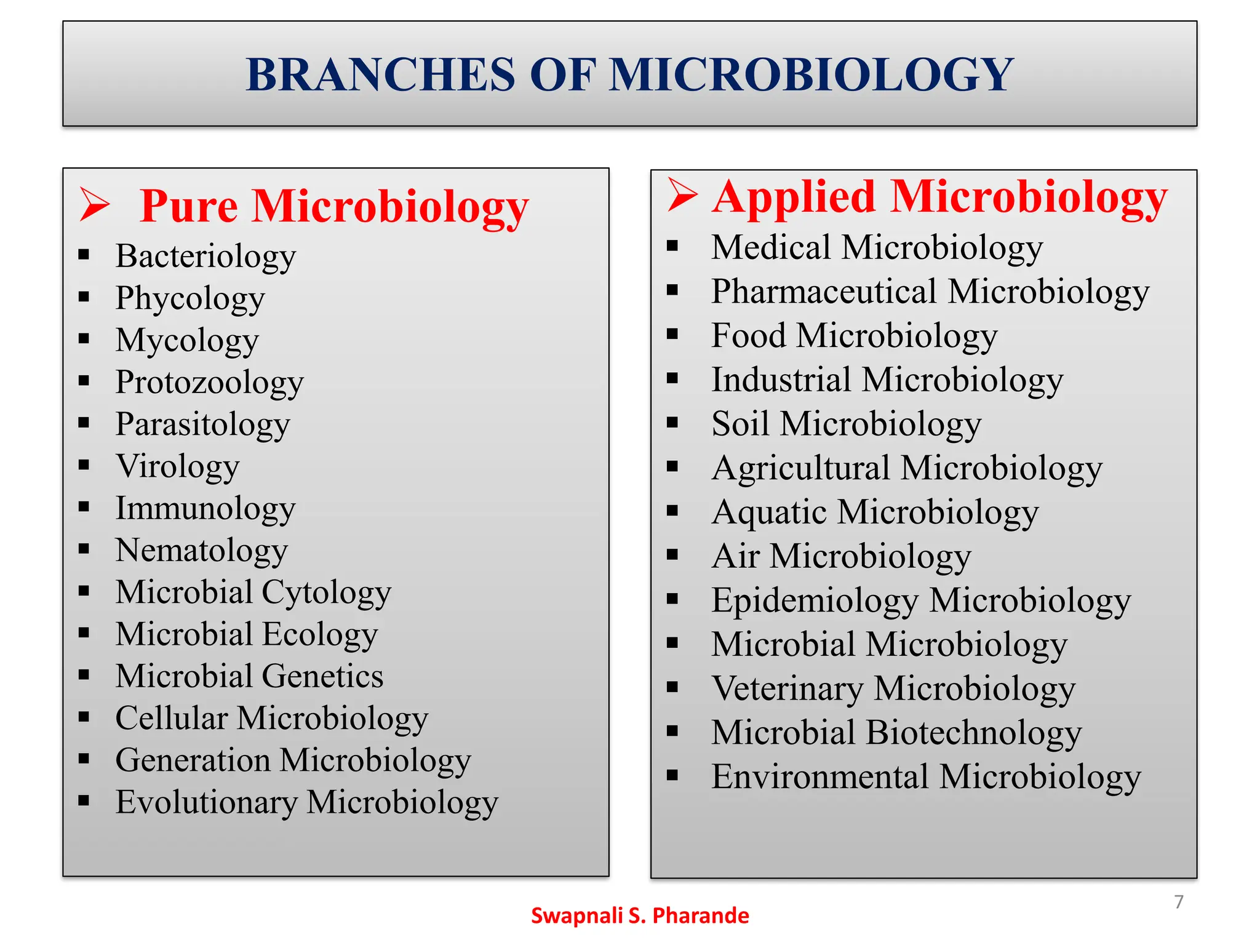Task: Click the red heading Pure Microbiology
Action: pos(334,206)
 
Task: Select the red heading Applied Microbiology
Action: pos(939,197)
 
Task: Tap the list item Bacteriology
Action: pos(205,256)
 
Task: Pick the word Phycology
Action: pos(190,298)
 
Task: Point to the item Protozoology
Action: pos(209,383)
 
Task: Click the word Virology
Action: pos(178,466)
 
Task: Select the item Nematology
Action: pos(202,551)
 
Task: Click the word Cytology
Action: pos(326,592)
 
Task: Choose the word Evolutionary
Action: pos(206,802)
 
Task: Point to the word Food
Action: pos(748,336)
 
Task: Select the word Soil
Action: pos(740,424)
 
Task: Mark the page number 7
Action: pos(1178,902)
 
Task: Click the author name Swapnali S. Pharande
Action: pos(640,915)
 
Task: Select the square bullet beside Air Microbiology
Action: pos(672,555)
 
